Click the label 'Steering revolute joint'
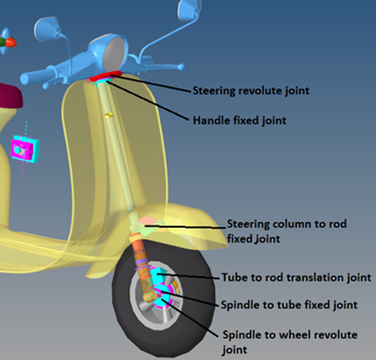coord(251,91)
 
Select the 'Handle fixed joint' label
coord(239,121)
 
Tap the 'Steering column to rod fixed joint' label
coord(287,231)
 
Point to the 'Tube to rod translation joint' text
coord(296,277)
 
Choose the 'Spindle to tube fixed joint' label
coord(289,305)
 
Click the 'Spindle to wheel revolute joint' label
coord(290,342)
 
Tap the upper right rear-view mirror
coord(189,11)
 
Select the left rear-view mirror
coord(47,29)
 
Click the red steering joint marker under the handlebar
coord(105,76)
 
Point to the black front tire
coord(163,298)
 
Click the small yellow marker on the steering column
coord(108,115)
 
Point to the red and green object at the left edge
coord(7,42)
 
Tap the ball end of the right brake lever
coord(181,67)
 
